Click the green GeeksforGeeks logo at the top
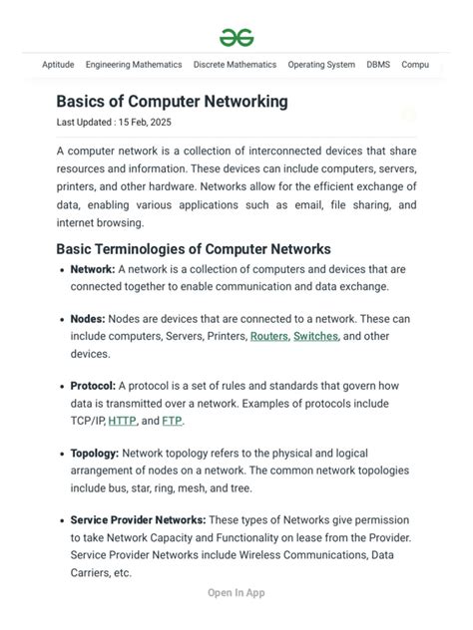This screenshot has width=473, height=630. (236, 38)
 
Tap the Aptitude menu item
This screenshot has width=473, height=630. (58, 65)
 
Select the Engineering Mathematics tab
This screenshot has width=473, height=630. (134, 65)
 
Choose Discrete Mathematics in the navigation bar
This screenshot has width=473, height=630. (235, 65)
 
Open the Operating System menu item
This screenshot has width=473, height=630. (321, 65)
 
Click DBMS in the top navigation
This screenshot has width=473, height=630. (378, 65)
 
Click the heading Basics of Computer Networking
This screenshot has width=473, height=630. (172, 102)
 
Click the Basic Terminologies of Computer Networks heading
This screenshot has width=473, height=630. (194, 249)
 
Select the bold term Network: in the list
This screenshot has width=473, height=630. (93, 269)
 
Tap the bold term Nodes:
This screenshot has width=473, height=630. (88, 319)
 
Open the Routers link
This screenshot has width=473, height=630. (268, 337)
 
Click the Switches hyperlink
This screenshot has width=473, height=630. (315, 337)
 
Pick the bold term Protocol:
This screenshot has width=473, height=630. (93, 386)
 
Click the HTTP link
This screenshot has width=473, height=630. (122, 421)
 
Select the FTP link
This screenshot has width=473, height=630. (172, 421)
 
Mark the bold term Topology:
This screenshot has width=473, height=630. (95, 454)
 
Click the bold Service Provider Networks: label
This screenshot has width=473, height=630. (138, 520)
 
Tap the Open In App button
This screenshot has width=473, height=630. (236, 593)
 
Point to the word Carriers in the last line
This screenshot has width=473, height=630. (91, 573)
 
